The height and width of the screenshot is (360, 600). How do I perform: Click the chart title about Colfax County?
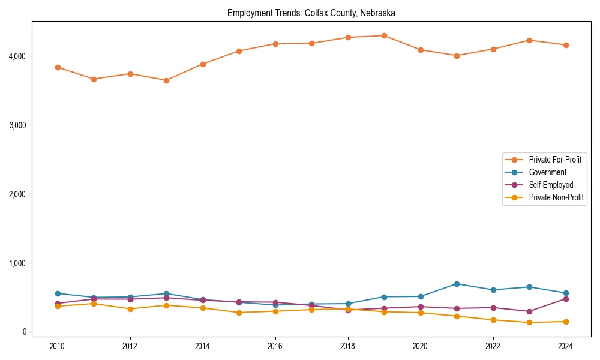[x=311, y=13]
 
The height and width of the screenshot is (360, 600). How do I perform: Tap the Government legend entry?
[x=547, y=172]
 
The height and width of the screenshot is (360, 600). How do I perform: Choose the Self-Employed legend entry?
[x=551, y=185]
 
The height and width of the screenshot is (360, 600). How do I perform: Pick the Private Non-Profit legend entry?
[x=556, y=197]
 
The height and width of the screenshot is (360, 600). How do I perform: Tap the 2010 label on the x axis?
[x=58, y=346]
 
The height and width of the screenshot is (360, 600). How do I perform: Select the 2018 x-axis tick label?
[x=348, y=346]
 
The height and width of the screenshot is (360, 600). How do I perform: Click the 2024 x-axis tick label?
[x=565, y=346]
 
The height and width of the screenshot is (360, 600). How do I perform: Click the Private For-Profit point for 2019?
[x=384, y=35]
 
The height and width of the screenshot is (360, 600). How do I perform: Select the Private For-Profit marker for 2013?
[x=166, y=80]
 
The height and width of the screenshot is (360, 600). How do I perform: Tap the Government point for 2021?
[x=457, y=284]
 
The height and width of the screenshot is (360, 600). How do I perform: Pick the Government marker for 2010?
[x=58, y=293]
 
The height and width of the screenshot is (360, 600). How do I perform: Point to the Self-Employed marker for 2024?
[x=565, y=299]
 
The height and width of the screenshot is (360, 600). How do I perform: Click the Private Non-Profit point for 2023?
[x=529, y=322]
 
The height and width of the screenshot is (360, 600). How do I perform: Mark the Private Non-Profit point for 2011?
[x=94, y=304]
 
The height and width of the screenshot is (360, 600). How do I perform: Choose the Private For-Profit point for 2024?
[x=565, y=45]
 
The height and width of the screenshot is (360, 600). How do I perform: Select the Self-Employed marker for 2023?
[x=529, y=311]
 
